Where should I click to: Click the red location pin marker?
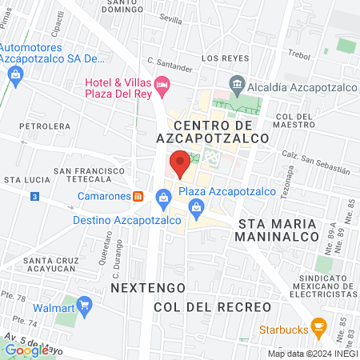180,163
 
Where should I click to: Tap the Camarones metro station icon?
138,196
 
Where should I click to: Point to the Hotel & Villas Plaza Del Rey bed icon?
162,83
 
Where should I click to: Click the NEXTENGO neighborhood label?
148,286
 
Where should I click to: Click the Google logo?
26,349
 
